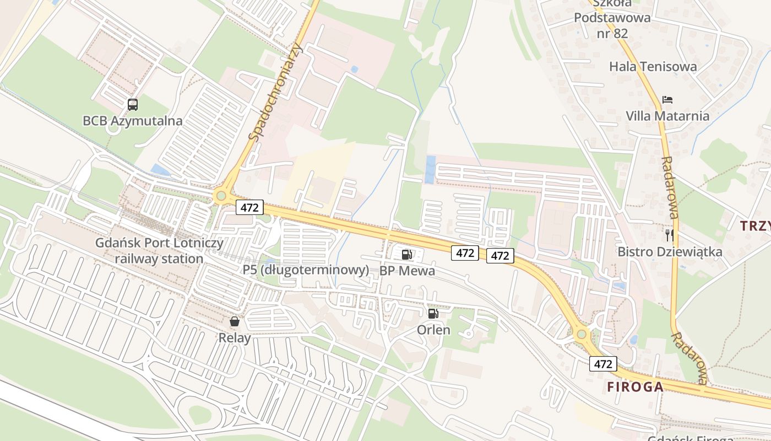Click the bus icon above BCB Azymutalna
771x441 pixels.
(133, 104)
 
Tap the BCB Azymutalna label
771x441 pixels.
(132, 121)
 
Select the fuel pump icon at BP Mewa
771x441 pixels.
(407, 254)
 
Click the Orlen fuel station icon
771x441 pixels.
(433, 314)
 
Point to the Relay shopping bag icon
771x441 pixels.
(235, 321)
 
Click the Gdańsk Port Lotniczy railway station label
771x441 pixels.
(160, 251)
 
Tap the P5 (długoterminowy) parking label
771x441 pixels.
(306, 270)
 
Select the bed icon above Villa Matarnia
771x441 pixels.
(667, 100)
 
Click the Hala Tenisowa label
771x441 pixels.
(653, 67)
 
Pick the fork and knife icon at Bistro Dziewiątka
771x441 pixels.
(670, 235)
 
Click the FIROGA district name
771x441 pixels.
(635, 387)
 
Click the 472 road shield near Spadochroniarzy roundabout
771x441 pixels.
(250, 207)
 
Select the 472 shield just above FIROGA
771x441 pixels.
(603, 364)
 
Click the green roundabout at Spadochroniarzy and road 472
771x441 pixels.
(221, 195)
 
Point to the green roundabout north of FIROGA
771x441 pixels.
(581, 334)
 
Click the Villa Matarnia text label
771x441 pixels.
(667, 116)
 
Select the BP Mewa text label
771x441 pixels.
(407, 271)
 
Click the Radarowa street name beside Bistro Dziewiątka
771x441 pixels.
(670, 187)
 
